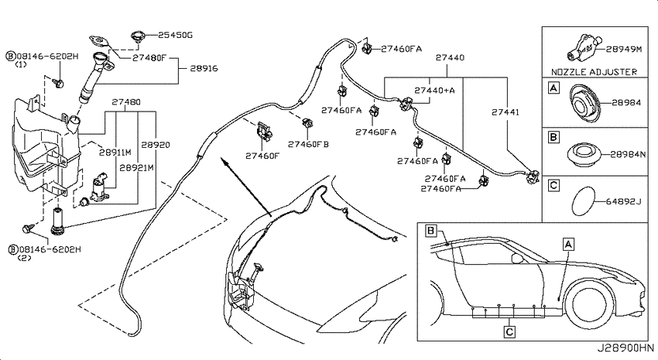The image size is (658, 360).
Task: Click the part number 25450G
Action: coord(175,36)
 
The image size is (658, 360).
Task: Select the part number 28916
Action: coord(204,68)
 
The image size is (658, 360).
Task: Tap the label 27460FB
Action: coord(308,144)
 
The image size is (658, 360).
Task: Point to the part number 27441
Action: coord(505,112)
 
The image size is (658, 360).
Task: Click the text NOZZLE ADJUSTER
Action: coord(594,72)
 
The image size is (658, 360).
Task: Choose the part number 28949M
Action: coord(625,49)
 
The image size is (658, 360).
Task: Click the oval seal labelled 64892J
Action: coord(584,202)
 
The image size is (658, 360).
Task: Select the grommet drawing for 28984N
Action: coord(584,154)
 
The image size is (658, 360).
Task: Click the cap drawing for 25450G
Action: coord(138,36)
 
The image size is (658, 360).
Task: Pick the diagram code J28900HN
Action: coord(625,348)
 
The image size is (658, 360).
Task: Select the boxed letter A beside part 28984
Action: coord(554,88)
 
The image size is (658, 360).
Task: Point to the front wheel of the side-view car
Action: coord(589,303)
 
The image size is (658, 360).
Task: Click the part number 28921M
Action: coord(136,168)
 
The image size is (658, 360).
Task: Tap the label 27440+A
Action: coord(434,91)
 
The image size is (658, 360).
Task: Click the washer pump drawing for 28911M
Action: coord(99,186)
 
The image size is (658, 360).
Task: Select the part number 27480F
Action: coord(149,57)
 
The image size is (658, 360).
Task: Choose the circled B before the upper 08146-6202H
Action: coord(11,57)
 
